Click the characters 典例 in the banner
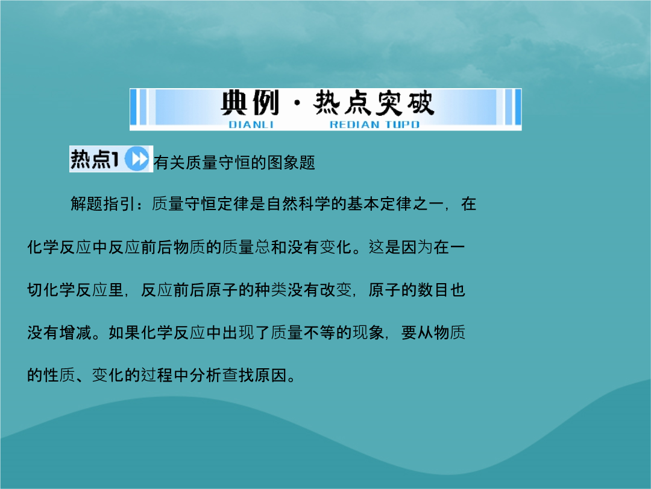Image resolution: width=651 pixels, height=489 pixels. point(250,103)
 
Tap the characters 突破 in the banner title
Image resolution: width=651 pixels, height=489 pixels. point(405,103)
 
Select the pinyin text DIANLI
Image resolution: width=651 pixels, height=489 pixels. point(251,125)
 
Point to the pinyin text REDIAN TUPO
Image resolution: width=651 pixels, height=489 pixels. point(374,125)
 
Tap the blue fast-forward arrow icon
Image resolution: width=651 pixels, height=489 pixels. point(137,159)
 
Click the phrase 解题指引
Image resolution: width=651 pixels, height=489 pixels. point(102,204)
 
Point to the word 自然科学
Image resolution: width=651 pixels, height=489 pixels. point(299,204)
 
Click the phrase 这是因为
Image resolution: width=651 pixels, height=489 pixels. point(401,247)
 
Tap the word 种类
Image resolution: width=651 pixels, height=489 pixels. point(271,290)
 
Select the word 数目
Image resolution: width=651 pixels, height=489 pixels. point(433,290)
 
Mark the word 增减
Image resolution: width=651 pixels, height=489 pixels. point(75,333)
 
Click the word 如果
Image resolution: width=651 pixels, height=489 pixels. point(124,333)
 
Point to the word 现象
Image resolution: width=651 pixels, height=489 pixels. point(368,333)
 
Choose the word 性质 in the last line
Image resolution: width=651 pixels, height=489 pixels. point(59,376)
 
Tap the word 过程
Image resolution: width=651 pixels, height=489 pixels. point(157,376)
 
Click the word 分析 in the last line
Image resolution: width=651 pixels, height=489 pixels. point(206,376)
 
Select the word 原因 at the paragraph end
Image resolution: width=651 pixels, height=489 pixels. point(271,376)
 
